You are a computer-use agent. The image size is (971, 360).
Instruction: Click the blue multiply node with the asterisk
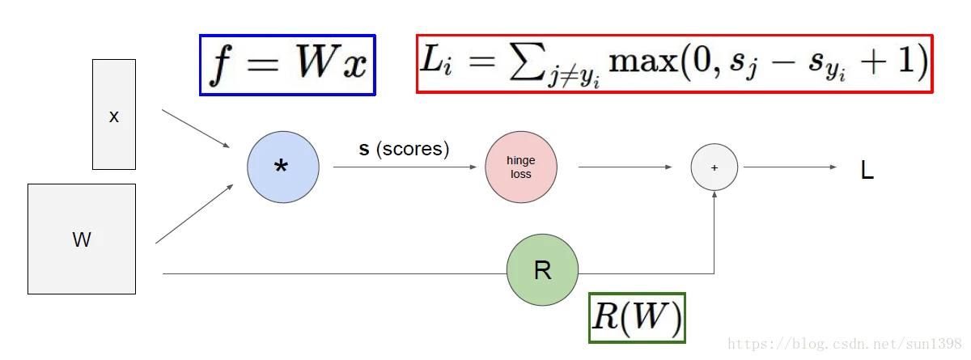(x=283, y=167)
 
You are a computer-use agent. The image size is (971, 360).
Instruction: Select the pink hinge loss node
(x=521, y=167)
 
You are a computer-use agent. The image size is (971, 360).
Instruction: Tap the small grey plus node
(x=714, y=167)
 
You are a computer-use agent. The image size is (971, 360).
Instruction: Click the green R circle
(x=542, y=270)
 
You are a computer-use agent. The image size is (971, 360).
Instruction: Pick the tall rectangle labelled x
(x=114, y=115)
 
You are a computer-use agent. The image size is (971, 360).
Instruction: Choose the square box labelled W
(x=82, y=239)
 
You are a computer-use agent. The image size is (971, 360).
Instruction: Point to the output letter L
(x=867, y=171)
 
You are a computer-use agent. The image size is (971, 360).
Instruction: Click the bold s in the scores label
(x=364, y=150)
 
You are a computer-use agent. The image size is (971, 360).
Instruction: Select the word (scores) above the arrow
(x=413, y=150)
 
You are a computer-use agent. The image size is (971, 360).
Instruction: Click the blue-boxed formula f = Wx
(x=288, y=66)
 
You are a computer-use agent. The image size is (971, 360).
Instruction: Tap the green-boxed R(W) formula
(x=638, y=317)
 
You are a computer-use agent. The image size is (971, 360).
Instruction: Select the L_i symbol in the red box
(x=440, y=64)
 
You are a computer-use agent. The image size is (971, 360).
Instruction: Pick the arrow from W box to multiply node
(x=194, y=214)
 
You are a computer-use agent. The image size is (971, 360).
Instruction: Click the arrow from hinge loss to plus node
(x=625, y=167)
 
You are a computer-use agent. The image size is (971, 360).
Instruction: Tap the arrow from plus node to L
(x=789, y=167)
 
